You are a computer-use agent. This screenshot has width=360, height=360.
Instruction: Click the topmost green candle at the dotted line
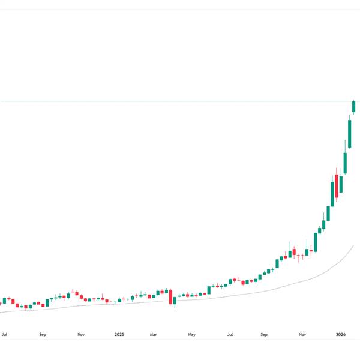[354, 106]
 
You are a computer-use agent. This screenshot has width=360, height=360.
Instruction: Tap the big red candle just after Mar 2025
[171, 297]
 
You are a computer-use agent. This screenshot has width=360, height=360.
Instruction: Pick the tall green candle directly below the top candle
[350, 133]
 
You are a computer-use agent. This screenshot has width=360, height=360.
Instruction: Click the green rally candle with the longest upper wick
[345, 162]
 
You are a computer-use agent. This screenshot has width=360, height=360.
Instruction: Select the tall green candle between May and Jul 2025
[209, 290]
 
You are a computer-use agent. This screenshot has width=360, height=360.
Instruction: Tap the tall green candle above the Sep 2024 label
[47, 302]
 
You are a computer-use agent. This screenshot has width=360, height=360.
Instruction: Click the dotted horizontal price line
[180, 101]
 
